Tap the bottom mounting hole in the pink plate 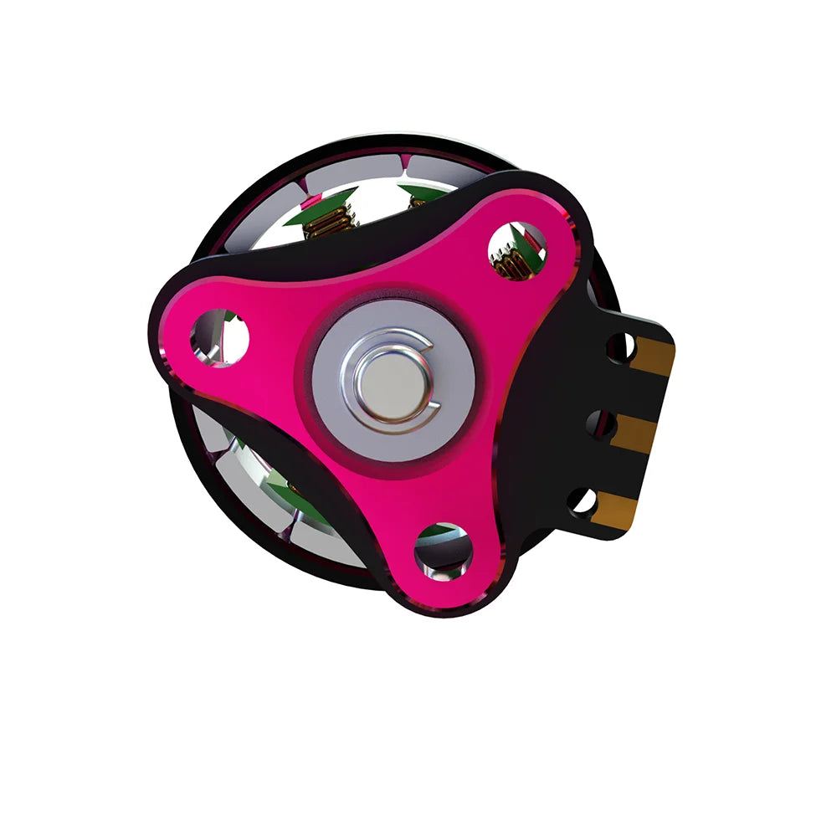(444, 550)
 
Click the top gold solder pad (652, 357)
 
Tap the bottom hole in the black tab (582, 500)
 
